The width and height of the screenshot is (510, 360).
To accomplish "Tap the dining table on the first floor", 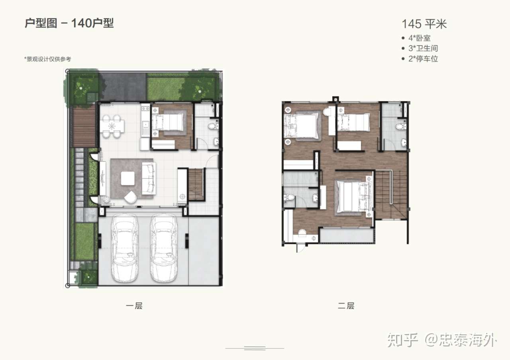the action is (112, 126).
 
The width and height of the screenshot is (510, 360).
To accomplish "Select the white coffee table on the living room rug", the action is (127, 178).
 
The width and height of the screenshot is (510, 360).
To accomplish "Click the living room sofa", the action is (149, 178).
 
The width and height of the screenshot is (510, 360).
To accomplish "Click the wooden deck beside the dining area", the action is (84, 127).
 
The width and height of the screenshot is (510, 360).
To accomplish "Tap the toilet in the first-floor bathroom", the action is (213, 126).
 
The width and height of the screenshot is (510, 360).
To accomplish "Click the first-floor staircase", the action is (196, 184).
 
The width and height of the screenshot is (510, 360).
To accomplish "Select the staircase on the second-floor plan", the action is (391, 195).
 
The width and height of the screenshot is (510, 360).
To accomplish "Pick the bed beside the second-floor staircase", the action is (354, 196).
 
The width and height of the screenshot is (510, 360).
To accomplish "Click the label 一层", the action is (134, 305).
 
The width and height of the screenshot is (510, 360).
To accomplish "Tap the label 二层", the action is (346, 305).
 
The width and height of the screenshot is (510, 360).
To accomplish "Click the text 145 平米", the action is (424, 24).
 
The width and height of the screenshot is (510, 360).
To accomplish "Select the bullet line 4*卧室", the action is (416, 38).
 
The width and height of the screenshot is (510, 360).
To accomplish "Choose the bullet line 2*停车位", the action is (420, 59).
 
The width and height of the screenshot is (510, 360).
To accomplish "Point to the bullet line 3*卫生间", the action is (420, 48).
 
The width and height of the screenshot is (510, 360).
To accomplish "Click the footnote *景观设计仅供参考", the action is (47, 59).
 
